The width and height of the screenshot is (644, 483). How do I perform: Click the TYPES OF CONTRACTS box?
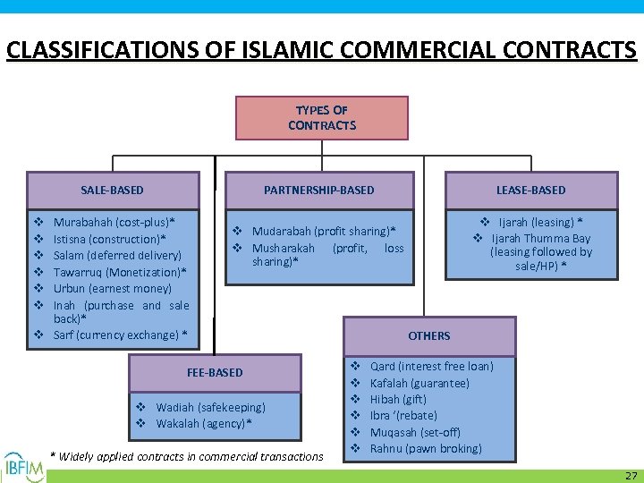[322, 118]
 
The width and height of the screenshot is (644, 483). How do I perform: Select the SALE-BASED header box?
[113, 190]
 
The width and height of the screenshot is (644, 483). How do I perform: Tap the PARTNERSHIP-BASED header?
[318, 190]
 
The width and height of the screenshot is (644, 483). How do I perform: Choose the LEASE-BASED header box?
[530, 190]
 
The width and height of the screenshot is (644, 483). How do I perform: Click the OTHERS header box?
[429, 335]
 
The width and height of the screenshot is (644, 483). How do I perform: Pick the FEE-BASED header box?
[215, 372]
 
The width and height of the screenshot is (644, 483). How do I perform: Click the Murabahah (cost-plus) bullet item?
[114, 222]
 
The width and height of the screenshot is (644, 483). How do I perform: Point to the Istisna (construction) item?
[110, 239]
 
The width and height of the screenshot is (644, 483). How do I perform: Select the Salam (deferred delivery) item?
[117, 255]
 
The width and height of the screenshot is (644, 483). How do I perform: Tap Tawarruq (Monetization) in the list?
[120, 272]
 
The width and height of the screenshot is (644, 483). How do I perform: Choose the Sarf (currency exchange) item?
[120, 335]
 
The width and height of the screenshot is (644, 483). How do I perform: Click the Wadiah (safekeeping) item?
[210, 407]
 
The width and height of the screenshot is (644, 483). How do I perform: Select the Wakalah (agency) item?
[203, 423]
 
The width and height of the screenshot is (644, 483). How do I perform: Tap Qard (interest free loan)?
[431, 366]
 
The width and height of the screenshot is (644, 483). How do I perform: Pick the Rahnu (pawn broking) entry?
[426, 448]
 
